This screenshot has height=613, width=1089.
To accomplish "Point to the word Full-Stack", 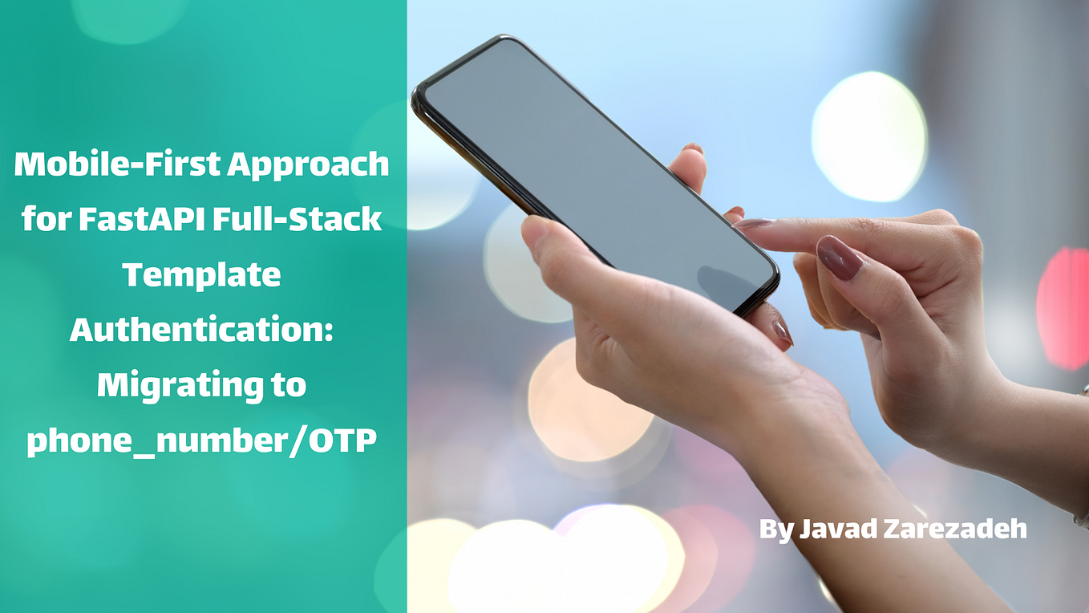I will click(x=299, y=219).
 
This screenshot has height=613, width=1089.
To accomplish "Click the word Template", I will click(x=201, y=275).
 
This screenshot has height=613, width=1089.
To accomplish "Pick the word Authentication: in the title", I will click(x=201, y=330).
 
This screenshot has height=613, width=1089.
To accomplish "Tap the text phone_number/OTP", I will click(x=201, y=440).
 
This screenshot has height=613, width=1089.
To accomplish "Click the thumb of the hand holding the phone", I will click(x=553, y=257).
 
